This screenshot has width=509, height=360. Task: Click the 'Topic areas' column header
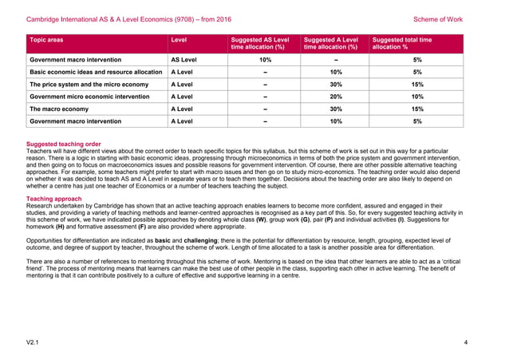click(46, 39)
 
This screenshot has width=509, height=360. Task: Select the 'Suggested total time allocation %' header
click(402, 43)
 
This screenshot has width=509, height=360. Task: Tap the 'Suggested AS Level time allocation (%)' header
click(259, 43)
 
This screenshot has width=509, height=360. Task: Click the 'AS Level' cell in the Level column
click(184, 60)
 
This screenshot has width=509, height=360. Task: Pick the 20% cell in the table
click(335, 97)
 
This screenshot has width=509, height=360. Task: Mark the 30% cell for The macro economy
click(335, 109)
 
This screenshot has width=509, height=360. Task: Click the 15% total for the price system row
click(416, 85)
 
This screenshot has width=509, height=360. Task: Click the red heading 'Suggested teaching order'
click(64, 144)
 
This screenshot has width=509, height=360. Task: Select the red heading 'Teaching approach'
click(53, 198)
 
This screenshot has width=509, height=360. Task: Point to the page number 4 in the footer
click(465, 342)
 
